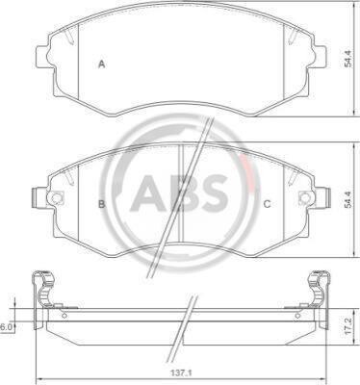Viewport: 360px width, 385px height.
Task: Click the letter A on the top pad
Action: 102,64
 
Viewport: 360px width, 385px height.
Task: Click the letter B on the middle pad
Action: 101,204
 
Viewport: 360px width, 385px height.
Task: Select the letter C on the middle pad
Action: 267,204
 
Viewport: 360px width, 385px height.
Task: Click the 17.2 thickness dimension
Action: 347,326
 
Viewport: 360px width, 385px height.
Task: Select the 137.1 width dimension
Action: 182,373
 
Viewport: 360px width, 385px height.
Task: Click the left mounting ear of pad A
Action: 42,57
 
